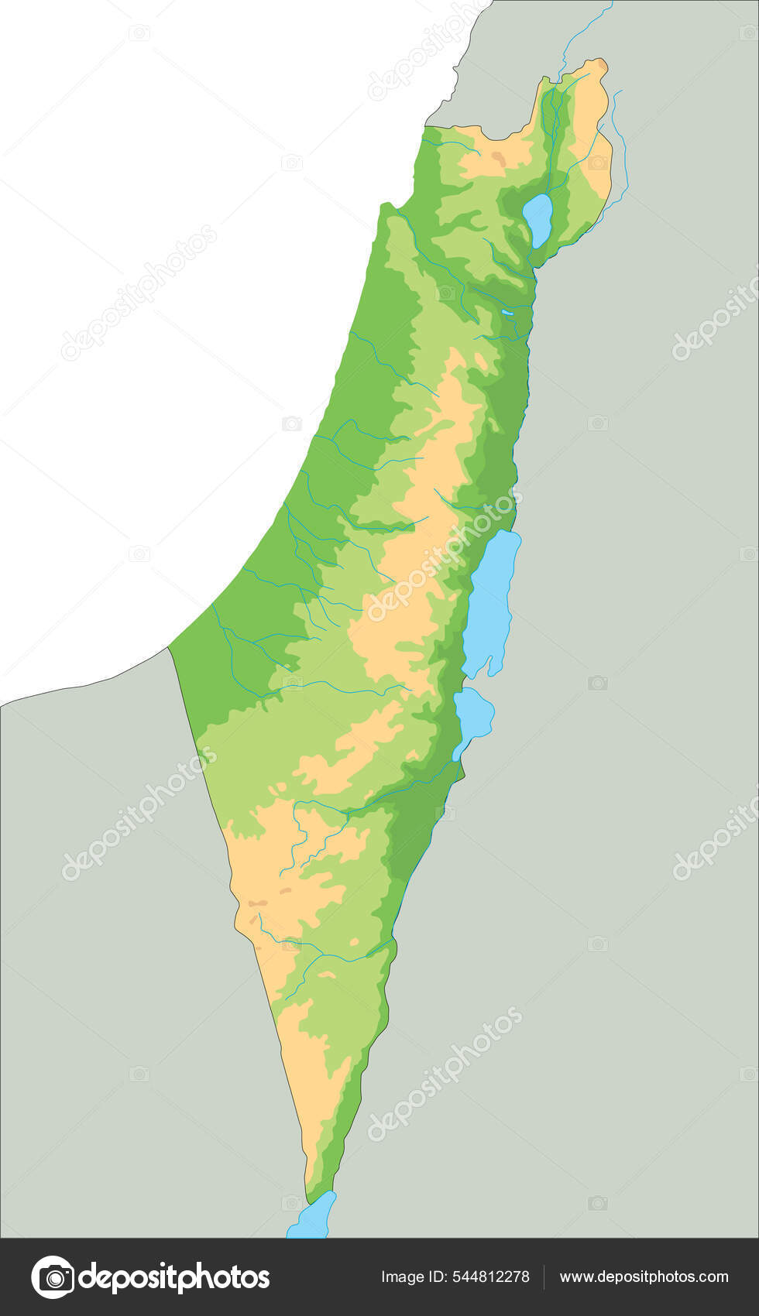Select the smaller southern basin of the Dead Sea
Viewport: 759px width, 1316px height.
click(473, 714)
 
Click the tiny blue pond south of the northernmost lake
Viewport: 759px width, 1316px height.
click(506, 313)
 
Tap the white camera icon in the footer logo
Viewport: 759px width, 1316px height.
click(53, 1277)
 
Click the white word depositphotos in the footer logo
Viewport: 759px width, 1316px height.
click(174, 1277)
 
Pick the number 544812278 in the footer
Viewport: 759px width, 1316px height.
click(491, 1277)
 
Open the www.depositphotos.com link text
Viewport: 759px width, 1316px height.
click(644, 1277)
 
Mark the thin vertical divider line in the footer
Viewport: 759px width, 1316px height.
click(544, 1277)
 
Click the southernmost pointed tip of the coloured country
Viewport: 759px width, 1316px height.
click(307, 1203)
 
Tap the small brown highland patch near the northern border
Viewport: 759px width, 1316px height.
click(496, 159)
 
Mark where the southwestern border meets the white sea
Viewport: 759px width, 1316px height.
click(169, 647)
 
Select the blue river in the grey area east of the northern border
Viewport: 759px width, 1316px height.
click(620, 147)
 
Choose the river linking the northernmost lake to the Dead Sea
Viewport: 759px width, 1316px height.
click(527, 372)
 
